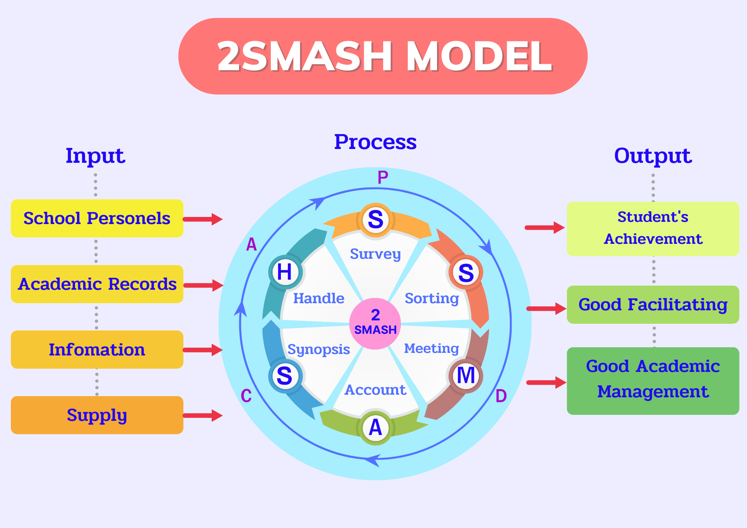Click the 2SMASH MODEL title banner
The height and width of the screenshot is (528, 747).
point(383,56)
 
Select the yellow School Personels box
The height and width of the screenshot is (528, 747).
point(97,218)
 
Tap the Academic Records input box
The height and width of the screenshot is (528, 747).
point(97,284)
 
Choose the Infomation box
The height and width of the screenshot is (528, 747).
point(97,350)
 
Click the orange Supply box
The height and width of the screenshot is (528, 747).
point(97,415)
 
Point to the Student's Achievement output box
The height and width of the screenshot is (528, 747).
point(653,229)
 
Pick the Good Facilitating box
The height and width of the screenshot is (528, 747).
point(653,305)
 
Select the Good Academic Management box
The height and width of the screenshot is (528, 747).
point(653,381)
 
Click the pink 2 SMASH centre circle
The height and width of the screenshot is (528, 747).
point(375,323)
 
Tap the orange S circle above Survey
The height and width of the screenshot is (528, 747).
point(375,220)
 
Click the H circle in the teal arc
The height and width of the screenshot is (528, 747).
point(285,272)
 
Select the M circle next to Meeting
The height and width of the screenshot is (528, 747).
point(466,375)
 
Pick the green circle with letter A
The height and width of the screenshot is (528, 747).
point(375,428)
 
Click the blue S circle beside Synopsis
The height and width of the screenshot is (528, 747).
point(285,376)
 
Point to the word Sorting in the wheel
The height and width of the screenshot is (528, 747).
point(432,298)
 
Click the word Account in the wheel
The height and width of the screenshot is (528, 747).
point(375,390)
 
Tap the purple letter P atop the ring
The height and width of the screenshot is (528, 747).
point(382,177)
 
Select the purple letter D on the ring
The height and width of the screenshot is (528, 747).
point(501,396)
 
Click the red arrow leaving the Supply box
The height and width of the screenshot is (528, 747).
point(203,415)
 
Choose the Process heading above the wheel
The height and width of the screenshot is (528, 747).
point(375,142)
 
